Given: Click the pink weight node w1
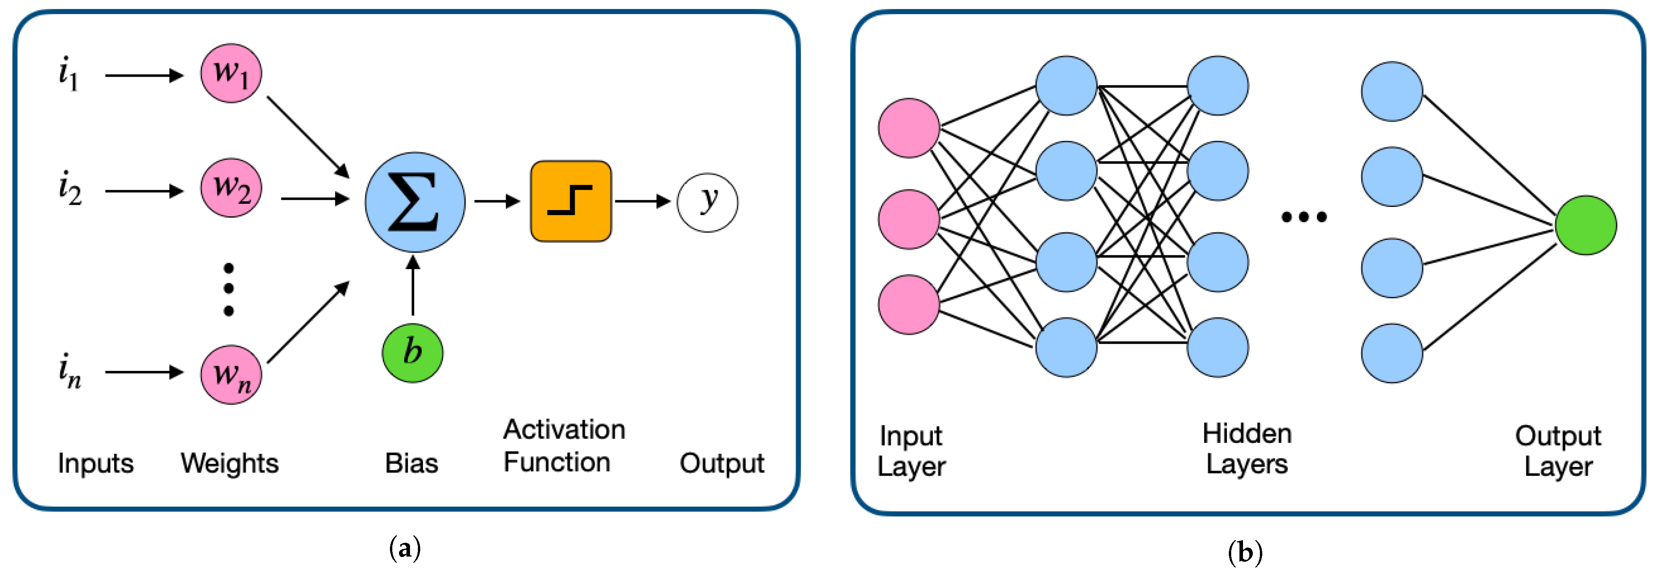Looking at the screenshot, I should pos(231,73).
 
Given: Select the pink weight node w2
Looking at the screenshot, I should pos(231,188).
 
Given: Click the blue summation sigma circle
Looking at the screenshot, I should pos(415,201).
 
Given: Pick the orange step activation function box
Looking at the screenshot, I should pos(570,201).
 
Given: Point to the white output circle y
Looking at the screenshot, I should pos(707,202).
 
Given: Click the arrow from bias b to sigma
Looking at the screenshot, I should pos(413,286).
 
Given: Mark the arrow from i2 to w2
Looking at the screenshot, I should pos(144,191).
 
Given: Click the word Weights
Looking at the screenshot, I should pos(230,463).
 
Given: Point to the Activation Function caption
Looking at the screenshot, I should pos(563,446).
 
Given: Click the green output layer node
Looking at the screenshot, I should pos(1586,225).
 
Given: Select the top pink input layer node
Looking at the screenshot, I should pos(908,128).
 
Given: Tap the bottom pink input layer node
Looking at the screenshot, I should pos(908,305).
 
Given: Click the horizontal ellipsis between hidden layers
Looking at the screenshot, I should pos(1304,218).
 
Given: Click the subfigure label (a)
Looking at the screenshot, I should pos(405,549).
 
